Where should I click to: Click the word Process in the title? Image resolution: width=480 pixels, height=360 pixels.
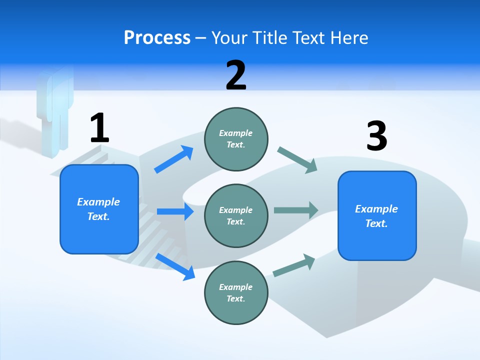(157, 37)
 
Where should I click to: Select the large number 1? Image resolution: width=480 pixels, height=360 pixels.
(99, 128)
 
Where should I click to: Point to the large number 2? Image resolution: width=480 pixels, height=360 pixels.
(236, 75)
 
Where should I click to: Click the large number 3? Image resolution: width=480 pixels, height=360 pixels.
(376, 136)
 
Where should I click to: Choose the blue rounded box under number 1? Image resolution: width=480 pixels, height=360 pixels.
(99, 209)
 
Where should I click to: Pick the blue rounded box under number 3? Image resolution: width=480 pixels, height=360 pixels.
(377, 216)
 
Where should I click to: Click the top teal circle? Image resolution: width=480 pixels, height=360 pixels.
(236, 139)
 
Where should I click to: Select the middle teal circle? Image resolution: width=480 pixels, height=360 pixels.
(236, 216)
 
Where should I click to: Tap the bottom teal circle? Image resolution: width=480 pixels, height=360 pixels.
(236, 292)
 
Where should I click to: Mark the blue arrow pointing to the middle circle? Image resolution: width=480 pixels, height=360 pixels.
(175, 211)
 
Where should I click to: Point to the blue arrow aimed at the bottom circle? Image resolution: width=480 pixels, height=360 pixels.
(175, 266)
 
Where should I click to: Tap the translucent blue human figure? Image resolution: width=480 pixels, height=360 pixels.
(54, 107)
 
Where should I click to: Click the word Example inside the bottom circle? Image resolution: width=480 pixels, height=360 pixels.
(236, 287)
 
